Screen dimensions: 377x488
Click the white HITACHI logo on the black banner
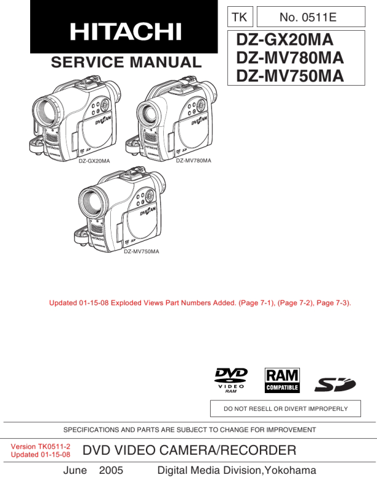point(126,31)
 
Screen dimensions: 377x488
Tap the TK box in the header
point(240,17)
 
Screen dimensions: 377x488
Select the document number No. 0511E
point(308,17)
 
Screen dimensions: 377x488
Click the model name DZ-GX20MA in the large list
point(285,39)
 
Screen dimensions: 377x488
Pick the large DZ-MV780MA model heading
point(290,57)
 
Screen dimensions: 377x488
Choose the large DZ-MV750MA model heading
point(290,76)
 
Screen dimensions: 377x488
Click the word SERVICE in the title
point(87,62)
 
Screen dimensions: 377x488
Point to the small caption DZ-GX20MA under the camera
point(94,161)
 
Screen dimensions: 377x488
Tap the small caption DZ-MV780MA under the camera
point(193,161)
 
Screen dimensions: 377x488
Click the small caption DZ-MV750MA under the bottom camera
point(142,251)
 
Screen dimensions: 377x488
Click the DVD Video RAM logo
point(231,380)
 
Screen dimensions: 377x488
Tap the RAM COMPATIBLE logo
point(282,380)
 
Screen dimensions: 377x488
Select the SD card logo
point(335,384)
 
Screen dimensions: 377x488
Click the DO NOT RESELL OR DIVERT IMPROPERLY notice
point(286,409)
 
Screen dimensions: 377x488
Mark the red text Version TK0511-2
point(41,446)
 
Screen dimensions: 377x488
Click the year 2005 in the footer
point(111,470)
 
